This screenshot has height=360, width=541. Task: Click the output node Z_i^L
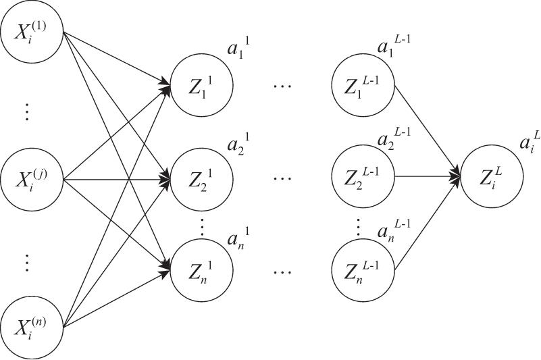tap(490, 178)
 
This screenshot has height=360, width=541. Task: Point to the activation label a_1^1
tap(237, 51)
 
